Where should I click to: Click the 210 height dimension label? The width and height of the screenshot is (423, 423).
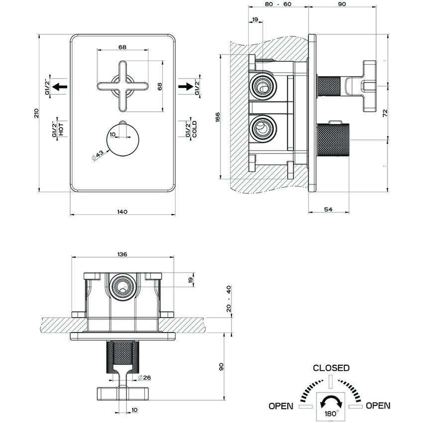[36, 112]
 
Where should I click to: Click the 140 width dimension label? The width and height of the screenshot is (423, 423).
[122, 211]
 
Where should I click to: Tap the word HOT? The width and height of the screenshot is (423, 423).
[61, 129]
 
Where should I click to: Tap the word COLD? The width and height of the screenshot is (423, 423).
[195, 129]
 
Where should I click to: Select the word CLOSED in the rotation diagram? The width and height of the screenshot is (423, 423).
[331, 368]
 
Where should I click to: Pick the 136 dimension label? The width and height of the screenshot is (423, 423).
[122, 254]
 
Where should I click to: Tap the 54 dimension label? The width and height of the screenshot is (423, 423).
[328, 210]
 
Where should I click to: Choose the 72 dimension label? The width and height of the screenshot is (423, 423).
[385, 113]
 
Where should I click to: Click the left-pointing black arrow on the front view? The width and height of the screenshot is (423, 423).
[60, 87]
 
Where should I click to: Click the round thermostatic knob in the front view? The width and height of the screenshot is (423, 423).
[122, 139]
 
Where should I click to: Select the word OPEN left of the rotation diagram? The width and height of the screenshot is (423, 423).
[281, 406]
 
